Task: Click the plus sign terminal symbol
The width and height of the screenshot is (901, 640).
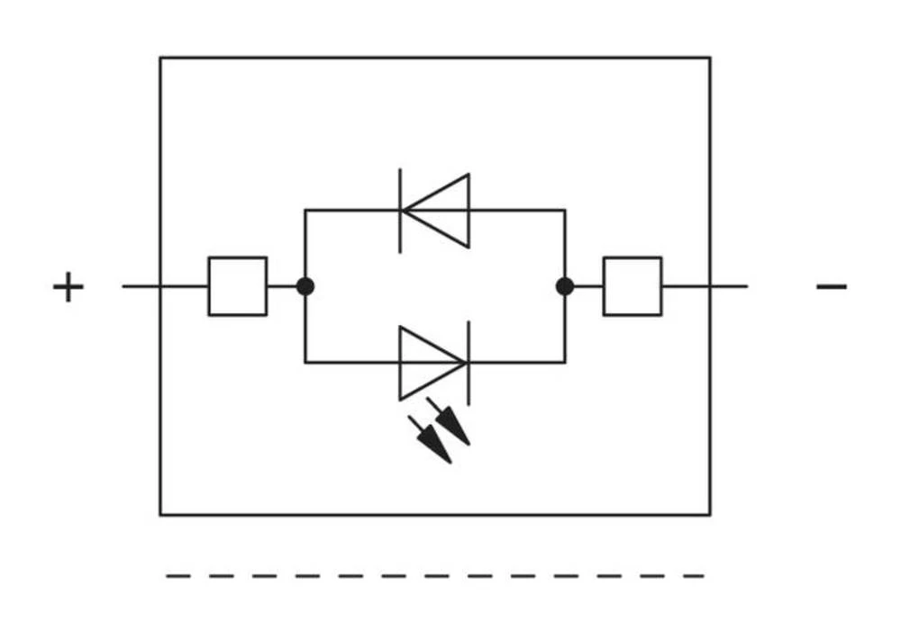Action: point(68,288)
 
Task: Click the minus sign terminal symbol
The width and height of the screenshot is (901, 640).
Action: point(831,287)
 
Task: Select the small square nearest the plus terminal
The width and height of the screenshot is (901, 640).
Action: point(237,286)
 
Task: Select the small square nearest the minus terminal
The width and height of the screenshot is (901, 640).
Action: point(633,286)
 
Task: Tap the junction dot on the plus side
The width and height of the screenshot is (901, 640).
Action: point(305,286)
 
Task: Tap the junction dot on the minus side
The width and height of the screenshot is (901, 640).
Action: point(565,286)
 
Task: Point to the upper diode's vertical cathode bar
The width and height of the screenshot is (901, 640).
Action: point(401,210)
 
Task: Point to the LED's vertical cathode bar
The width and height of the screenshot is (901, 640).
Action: point(468,363)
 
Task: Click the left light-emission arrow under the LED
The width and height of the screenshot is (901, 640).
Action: point(432,440)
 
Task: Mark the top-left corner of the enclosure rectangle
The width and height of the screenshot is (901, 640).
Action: point(160,58)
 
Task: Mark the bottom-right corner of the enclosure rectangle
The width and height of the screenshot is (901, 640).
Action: point(710,515)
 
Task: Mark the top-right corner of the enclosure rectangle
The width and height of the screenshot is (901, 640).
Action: point(710,58)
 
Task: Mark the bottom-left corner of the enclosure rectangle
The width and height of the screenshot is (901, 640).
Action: point(160,515)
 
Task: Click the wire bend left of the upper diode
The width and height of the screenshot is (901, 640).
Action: point(305,211)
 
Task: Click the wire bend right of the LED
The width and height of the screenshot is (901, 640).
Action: point(565,363)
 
